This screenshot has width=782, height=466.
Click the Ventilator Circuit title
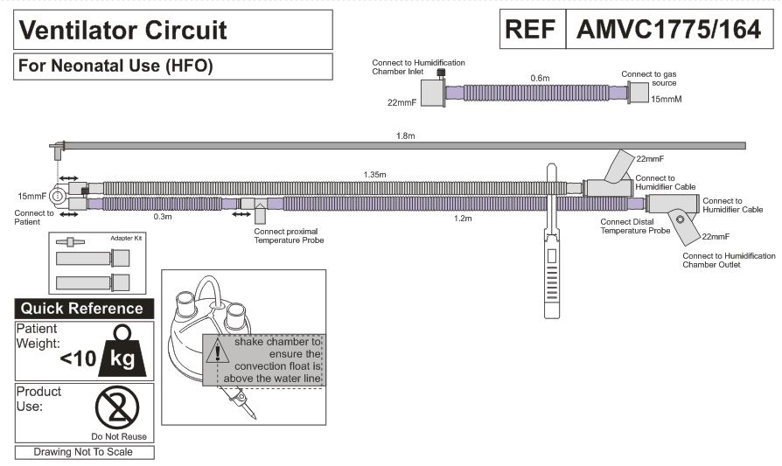(123, 31)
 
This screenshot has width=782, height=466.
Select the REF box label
(530, 30)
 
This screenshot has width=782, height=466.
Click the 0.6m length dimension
(540, 78)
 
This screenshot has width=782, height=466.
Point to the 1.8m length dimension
(405, 136)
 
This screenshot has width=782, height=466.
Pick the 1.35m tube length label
(375, 175)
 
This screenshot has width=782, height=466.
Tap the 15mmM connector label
(666, 100)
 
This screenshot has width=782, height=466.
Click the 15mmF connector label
(31, 195)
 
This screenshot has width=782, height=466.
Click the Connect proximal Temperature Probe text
(283, 235)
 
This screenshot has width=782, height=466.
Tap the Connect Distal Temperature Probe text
(636, 226)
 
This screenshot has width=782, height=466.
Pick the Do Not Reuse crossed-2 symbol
(118, 407)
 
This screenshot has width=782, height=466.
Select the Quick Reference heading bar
(84, 309)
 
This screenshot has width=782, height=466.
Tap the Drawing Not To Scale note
(84, 452)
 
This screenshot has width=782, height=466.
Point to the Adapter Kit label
(126, 238)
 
